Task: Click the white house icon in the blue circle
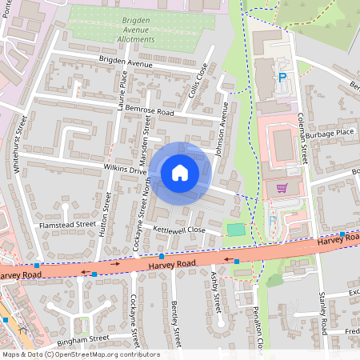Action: click(x=180, y=172)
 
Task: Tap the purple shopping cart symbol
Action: click(x=281, y=189)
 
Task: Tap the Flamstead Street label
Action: click(x=68, y=225)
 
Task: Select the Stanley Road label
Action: click(x=322, y=313)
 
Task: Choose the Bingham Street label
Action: click(x=77, y=338)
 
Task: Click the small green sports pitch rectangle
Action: click(x=235, y=230)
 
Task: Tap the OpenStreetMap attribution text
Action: click(x=81, y=354)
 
